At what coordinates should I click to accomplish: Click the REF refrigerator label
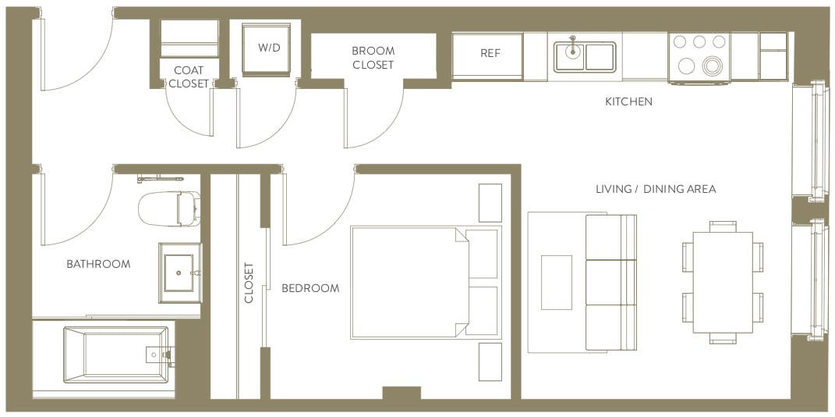490,54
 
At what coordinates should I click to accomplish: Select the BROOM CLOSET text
373,58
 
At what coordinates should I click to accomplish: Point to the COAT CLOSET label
189,77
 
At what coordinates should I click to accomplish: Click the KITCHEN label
628,102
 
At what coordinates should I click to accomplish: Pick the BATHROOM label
98,264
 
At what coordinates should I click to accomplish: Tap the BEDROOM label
310,288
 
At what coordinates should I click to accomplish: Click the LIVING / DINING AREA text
655,189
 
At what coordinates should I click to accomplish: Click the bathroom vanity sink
180,273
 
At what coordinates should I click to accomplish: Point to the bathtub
115,355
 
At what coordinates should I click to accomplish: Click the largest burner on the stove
713,67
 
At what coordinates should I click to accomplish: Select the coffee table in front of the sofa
557,282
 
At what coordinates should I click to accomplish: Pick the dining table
722,282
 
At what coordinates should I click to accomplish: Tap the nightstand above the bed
490,203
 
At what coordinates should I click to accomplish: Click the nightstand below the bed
490,361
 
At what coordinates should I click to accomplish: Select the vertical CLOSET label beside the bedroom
249,283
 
